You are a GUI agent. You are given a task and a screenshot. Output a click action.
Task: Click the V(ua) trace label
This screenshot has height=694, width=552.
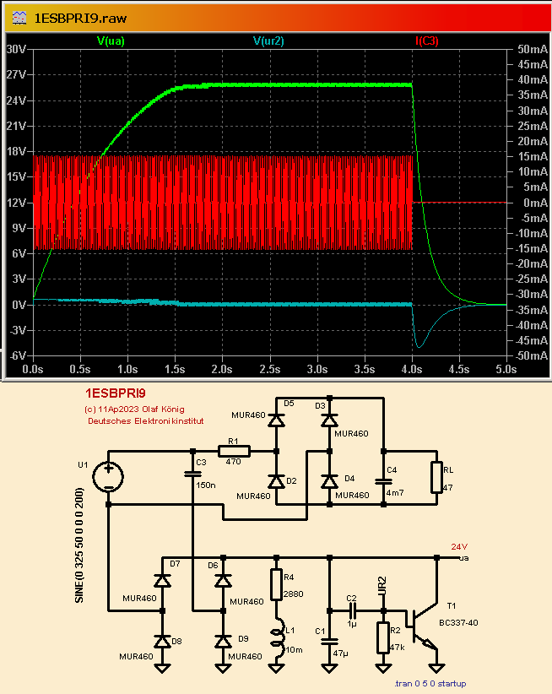click(x=111, y=40)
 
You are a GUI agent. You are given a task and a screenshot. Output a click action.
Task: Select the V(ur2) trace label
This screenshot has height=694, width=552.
click(x=268, y=40)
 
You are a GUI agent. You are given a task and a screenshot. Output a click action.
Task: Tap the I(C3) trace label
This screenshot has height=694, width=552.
click(x=426, y=40)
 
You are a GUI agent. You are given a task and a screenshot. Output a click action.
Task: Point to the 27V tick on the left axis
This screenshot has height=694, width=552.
click(x=17, y=74)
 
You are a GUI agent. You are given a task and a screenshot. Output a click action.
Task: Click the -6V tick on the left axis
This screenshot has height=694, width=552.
click(x=17, y=356)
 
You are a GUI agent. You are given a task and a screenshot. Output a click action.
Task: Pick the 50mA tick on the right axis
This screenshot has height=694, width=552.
click(x=533, y=49)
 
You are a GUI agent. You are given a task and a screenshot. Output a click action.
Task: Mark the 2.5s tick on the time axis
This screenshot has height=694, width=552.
click(x=269, y=370)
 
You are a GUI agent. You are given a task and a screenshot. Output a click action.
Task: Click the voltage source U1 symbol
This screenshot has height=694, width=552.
click(x=109, y=477)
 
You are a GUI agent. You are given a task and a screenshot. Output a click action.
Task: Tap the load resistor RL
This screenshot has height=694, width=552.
click(x=436, y=477)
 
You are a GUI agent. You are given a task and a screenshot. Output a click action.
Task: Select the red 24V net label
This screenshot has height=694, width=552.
click(x=458, y=546)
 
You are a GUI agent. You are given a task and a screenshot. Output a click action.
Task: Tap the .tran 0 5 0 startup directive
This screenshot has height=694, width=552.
click(x=430, y=684)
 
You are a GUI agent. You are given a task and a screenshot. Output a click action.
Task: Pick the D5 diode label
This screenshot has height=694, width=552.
click(x=289, y=404)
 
